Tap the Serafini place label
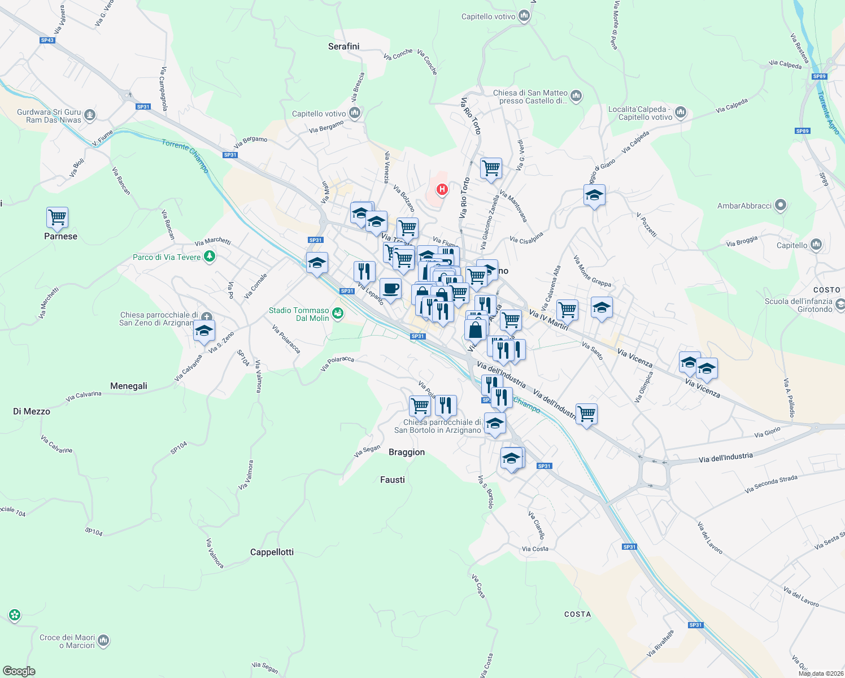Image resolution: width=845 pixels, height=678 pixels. [x=343, y=46]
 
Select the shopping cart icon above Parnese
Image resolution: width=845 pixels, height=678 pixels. [x=57, y=217]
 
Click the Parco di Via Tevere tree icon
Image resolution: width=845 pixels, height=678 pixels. [x=210, y=257]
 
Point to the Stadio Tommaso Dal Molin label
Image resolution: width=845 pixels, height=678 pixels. [x=299, y=314]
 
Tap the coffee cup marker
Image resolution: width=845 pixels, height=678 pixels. [x=390, y=289]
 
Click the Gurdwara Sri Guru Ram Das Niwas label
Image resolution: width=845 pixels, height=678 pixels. [x=49, y=116]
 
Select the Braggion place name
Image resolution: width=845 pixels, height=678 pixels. [x=407, y=452]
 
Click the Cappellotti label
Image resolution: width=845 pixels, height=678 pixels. [x=272, y=552]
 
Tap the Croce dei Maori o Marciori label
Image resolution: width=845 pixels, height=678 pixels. [x=67, y=641]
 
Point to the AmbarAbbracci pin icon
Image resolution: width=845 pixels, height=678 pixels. [x=780, y=206]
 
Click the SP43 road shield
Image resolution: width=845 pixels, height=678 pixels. [x=47, y=40]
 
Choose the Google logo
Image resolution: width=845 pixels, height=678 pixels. [x=19, y=671]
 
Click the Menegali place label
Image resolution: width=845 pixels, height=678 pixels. [x=129, y=386]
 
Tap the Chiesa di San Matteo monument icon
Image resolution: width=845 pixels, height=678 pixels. [x=576, y=96]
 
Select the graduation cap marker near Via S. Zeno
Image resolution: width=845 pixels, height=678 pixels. [x=204, y=331]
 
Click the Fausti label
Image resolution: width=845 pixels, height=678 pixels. [x=393, y=480]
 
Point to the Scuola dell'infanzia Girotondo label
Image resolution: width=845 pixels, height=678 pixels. [x=798, y=305]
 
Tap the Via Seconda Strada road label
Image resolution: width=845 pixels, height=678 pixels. [x=771, y=484]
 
